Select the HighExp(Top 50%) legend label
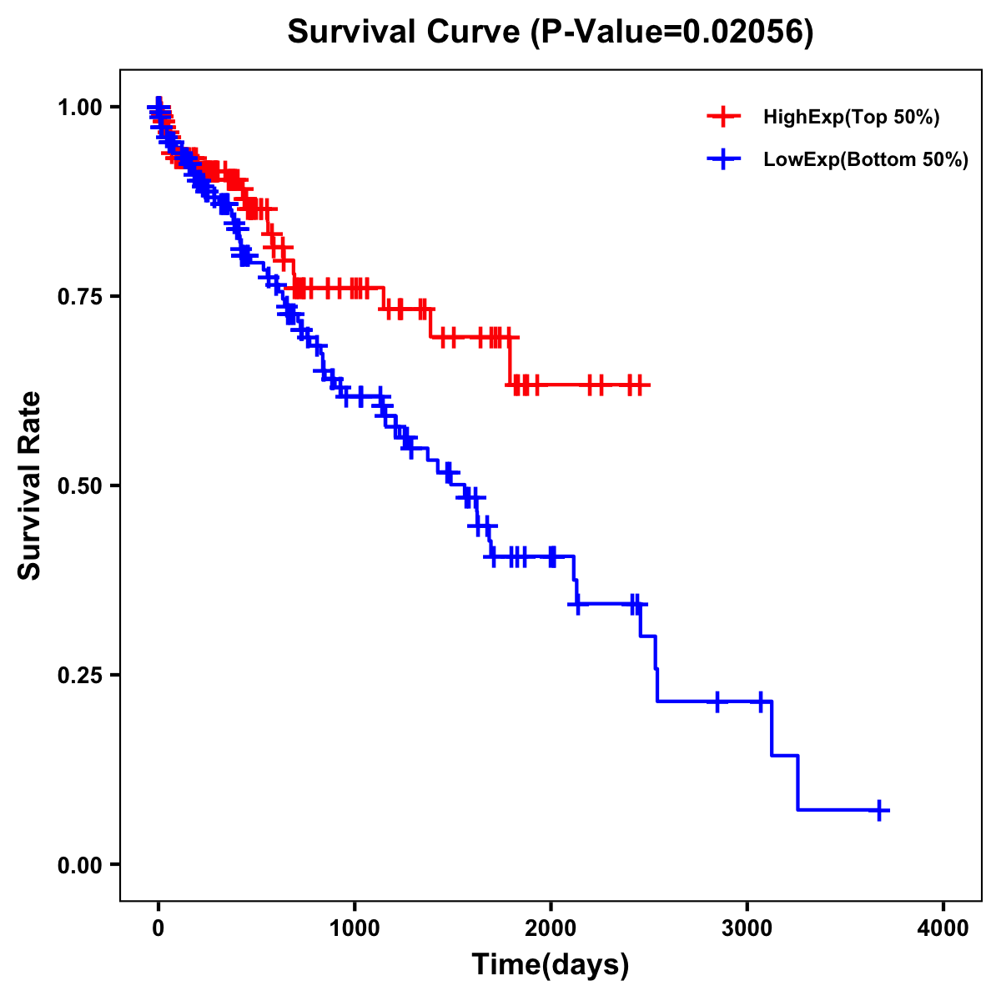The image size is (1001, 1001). click(851, 118)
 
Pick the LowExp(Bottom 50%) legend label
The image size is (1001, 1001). click(865, 160)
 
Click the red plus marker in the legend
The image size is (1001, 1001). click(723, 117)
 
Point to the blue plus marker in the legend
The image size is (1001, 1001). click(723, 159)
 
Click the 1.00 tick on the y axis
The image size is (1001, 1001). click(79, 107)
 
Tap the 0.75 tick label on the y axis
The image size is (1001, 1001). click(79, 296)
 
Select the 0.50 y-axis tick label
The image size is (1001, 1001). click(79, 485)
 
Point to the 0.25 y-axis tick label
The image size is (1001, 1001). click(79, 675)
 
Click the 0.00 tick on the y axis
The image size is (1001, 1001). click(79, 864)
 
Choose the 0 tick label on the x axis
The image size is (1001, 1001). click(158, 928)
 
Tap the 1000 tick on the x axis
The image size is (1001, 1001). click(355, 928)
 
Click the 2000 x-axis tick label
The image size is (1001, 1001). click(551, 928)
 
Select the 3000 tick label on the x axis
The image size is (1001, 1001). click(747, 928)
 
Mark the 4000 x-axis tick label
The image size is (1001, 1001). click(943, 928)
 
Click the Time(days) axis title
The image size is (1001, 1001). click(551, 965)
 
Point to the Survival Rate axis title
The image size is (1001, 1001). click(30, 485)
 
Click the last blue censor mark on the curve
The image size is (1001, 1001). click(879, 810)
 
